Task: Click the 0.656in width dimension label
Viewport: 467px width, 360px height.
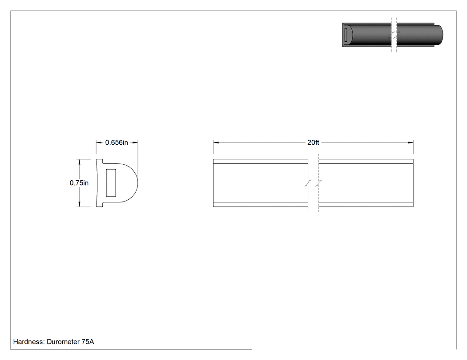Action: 117,142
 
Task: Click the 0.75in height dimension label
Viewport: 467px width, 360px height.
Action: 79,183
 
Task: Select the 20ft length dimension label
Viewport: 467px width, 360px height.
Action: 313,142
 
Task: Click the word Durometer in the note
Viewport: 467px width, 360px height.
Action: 63,341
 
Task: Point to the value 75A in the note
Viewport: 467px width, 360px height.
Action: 88,341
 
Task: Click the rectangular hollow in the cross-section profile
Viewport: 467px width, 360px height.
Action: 111,183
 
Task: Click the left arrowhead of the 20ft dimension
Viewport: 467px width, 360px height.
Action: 216,142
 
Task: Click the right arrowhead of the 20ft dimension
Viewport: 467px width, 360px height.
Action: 411,142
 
